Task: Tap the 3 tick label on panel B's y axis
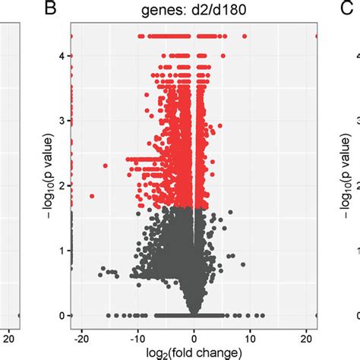coord(60,120)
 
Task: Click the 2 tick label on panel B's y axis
coord(60,185)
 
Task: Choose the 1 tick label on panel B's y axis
coord(60,250)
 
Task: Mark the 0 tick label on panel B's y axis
coord(60,314)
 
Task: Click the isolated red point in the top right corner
coord(317,36)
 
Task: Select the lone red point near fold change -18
coord(92,196)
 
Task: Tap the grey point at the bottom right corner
coord(317,314)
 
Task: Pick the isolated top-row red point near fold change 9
coord(244,36)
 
